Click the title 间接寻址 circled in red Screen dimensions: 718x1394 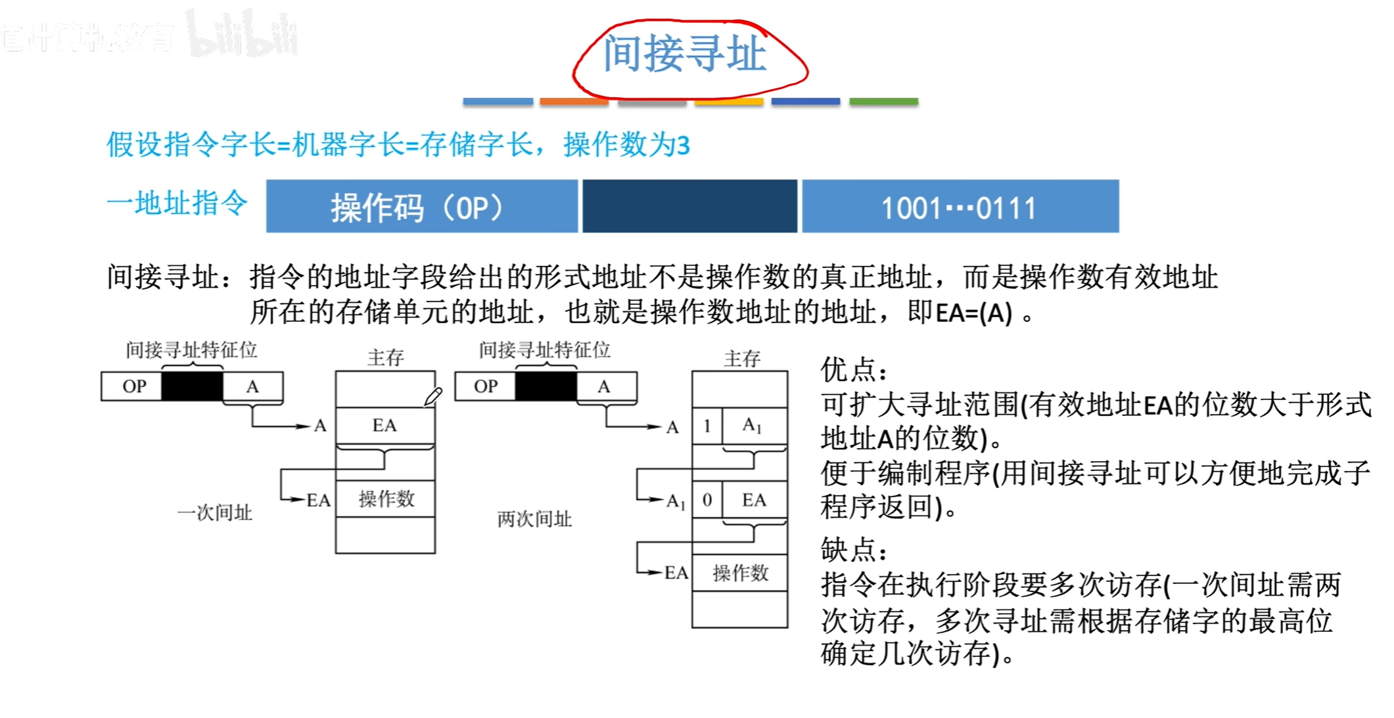685,54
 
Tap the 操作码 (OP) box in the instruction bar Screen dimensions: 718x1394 421,207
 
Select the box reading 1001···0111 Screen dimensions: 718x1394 960,207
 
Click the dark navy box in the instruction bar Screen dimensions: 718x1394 689,207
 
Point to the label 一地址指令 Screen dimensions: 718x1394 177,202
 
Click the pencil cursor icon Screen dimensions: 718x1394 433,396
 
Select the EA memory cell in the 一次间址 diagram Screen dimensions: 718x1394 385,426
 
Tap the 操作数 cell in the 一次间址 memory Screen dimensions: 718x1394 386,499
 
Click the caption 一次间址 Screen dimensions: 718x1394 215,513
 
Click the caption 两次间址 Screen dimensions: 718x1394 534,520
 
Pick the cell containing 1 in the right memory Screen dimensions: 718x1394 707,426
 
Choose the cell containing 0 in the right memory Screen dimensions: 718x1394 707,500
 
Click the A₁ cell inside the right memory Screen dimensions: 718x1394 753,426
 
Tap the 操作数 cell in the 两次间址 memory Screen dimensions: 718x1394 741,573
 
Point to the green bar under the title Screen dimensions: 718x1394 883,102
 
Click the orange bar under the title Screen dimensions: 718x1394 574,102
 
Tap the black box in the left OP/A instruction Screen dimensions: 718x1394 192,386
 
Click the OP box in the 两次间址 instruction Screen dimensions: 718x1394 486,386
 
